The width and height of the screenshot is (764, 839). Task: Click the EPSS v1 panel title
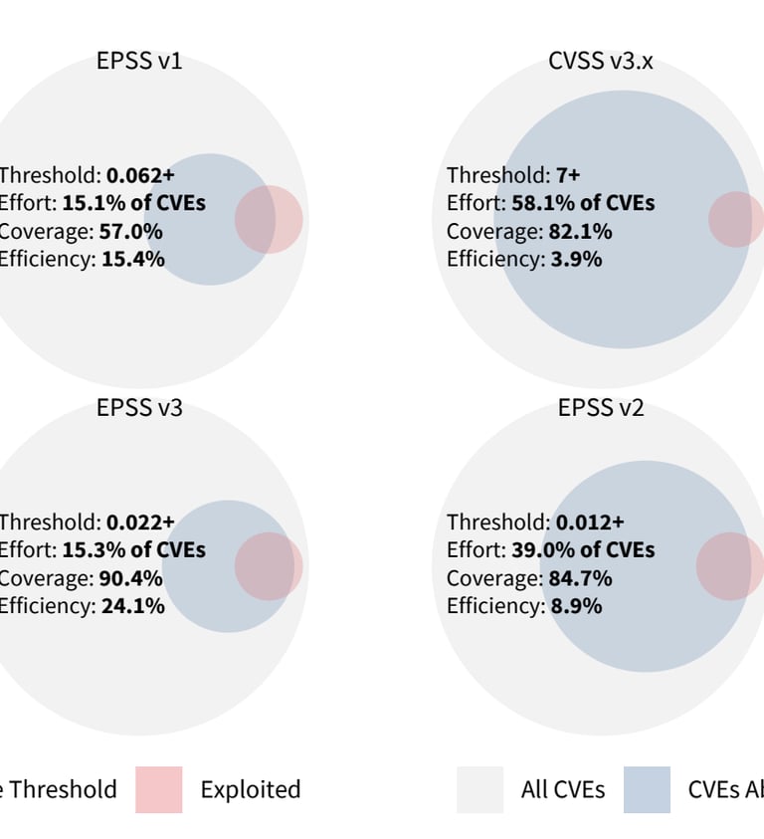point(139,62)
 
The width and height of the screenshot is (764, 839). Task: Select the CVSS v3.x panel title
point(601,62)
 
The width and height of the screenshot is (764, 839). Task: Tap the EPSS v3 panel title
point(139,408)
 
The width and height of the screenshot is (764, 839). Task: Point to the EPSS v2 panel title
point(601,408)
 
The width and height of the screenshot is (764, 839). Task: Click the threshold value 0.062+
point(140,175)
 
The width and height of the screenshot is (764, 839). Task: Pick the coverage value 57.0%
point(130,232)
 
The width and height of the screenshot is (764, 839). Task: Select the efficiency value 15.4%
point(133,260)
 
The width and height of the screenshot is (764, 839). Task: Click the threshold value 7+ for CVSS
point(568,175)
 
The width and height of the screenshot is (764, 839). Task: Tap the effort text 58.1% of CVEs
point(583,203)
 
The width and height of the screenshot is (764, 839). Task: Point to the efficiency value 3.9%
point(576,260)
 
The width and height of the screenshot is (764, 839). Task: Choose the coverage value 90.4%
point(131,578)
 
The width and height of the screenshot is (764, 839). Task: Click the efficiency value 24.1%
point(133,606)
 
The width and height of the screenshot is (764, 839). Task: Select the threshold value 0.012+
point(590,523)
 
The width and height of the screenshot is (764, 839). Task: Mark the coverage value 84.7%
point(581,578)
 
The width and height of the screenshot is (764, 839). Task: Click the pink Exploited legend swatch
point(159,789)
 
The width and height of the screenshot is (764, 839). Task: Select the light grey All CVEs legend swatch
point(480,789)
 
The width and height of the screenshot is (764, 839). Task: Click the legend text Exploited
point(251,790)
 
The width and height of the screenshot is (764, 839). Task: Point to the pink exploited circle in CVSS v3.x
point(737,219)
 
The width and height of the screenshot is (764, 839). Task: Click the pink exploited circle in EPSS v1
point(270,219)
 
